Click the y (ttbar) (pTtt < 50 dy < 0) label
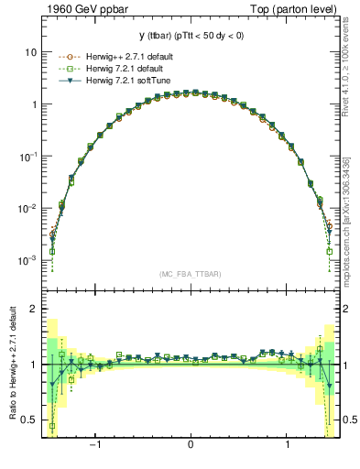pyautogui.click(x=190, y=36)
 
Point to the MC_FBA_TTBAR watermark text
pyautogui.click(x=190, y=274)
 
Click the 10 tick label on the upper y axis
pyautogui.click(x=29, y=52)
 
